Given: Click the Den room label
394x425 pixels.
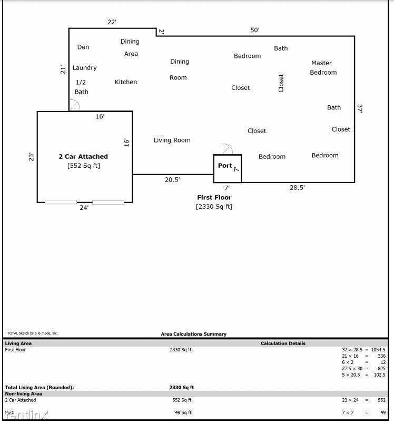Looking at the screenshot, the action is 83,47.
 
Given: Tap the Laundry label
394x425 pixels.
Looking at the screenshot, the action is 84,68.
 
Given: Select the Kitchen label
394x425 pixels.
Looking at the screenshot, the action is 126,82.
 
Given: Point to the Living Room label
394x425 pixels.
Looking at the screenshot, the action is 172,140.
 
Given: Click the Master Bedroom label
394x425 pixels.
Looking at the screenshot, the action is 323,68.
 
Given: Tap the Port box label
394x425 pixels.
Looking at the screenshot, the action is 225,166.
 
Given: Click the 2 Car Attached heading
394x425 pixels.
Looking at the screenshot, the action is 83,156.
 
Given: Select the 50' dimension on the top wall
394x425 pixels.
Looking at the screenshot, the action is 254,30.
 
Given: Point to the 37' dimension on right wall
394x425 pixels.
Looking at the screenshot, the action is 360,109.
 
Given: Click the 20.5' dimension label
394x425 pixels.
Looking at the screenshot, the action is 172,180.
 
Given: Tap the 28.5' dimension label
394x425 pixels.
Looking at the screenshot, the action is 297,188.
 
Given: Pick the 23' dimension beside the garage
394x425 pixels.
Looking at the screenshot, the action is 31,157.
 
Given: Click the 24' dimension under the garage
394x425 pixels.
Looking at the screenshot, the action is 84,208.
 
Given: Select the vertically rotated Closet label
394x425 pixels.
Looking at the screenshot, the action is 281,83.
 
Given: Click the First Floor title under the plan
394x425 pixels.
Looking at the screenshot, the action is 214,197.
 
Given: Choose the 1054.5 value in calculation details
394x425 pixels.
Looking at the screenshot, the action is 378,350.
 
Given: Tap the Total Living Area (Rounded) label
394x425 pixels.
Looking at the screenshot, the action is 40,387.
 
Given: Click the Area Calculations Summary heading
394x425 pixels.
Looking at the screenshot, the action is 193,334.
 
